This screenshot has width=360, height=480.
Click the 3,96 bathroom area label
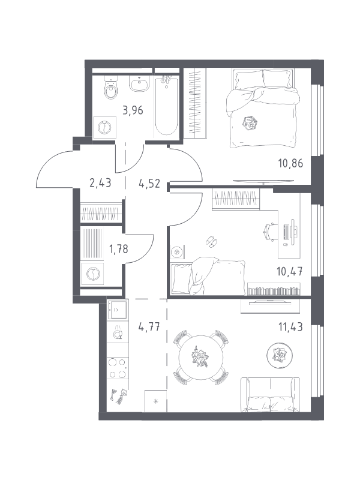point(133,110)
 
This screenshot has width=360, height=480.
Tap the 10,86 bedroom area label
point(290,163)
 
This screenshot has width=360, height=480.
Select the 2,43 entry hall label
point(100,183)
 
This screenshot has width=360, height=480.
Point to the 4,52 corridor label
point(149,184)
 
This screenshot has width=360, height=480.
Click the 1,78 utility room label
point(119,249)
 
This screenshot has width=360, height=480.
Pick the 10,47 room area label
point(290,271)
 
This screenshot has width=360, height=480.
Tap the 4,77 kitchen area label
point(149,327)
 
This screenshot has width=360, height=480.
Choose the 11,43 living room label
point(290,327)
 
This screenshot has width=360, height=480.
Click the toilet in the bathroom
point(110,87)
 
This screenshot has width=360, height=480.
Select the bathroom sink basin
point(140,83)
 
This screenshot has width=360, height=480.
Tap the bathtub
point(166,106)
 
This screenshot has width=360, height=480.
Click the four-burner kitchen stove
point(118,368)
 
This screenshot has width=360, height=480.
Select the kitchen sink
point(117,310)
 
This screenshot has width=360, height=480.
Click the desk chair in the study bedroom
point(271,232)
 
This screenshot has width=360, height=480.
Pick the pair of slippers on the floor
point(211,241)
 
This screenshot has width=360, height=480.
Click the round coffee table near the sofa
point(280,355)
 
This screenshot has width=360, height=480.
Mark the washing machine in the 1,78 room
point(92,274)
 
